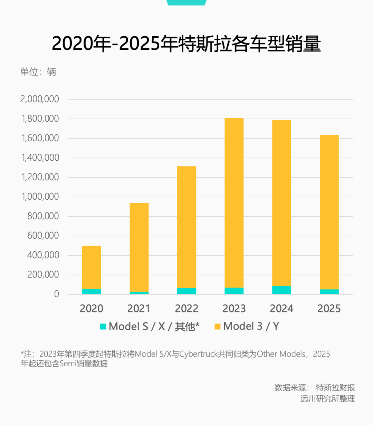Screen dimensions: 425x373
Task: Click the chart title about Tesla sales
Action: point(186,44)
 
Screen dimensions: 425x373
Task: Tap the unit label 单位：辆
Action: point(38,72)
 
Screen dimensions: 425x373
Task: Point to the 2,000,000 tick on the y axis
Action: point(40,99)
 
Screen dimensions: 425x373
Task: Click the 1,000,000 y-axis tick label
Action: point(40,197)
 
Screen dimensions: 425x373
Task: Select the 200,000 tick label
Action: point(43,275)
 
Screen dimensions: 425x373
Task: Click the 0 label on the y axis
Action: point(57,294)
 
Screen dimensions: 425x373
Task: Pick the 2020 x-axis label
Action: point(92,309)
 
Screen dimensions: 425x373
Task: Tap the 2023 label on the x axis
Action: point(234,309)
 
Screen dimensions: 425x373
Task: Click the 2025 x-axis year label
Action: point(329,309)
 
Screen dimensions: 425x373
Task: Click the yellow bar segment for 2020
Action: point(92,267)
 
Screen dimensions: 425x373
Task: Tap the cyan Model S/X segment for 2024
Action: point(281,290)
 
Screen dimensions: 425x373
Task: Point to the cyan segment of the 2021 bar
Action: point(139,293)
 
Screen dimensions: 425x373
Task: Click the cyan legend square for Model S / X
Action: point(103,327)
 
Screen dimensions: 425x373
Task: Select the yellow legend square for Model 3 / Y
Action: point(218,327)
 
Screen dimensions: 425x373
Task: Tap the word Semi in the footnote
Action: point(68,364)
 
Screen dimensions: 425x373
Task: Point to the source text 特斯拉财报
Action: point(335,388)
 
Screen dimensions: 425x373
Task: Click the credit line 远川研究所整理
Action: point(327,399)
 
